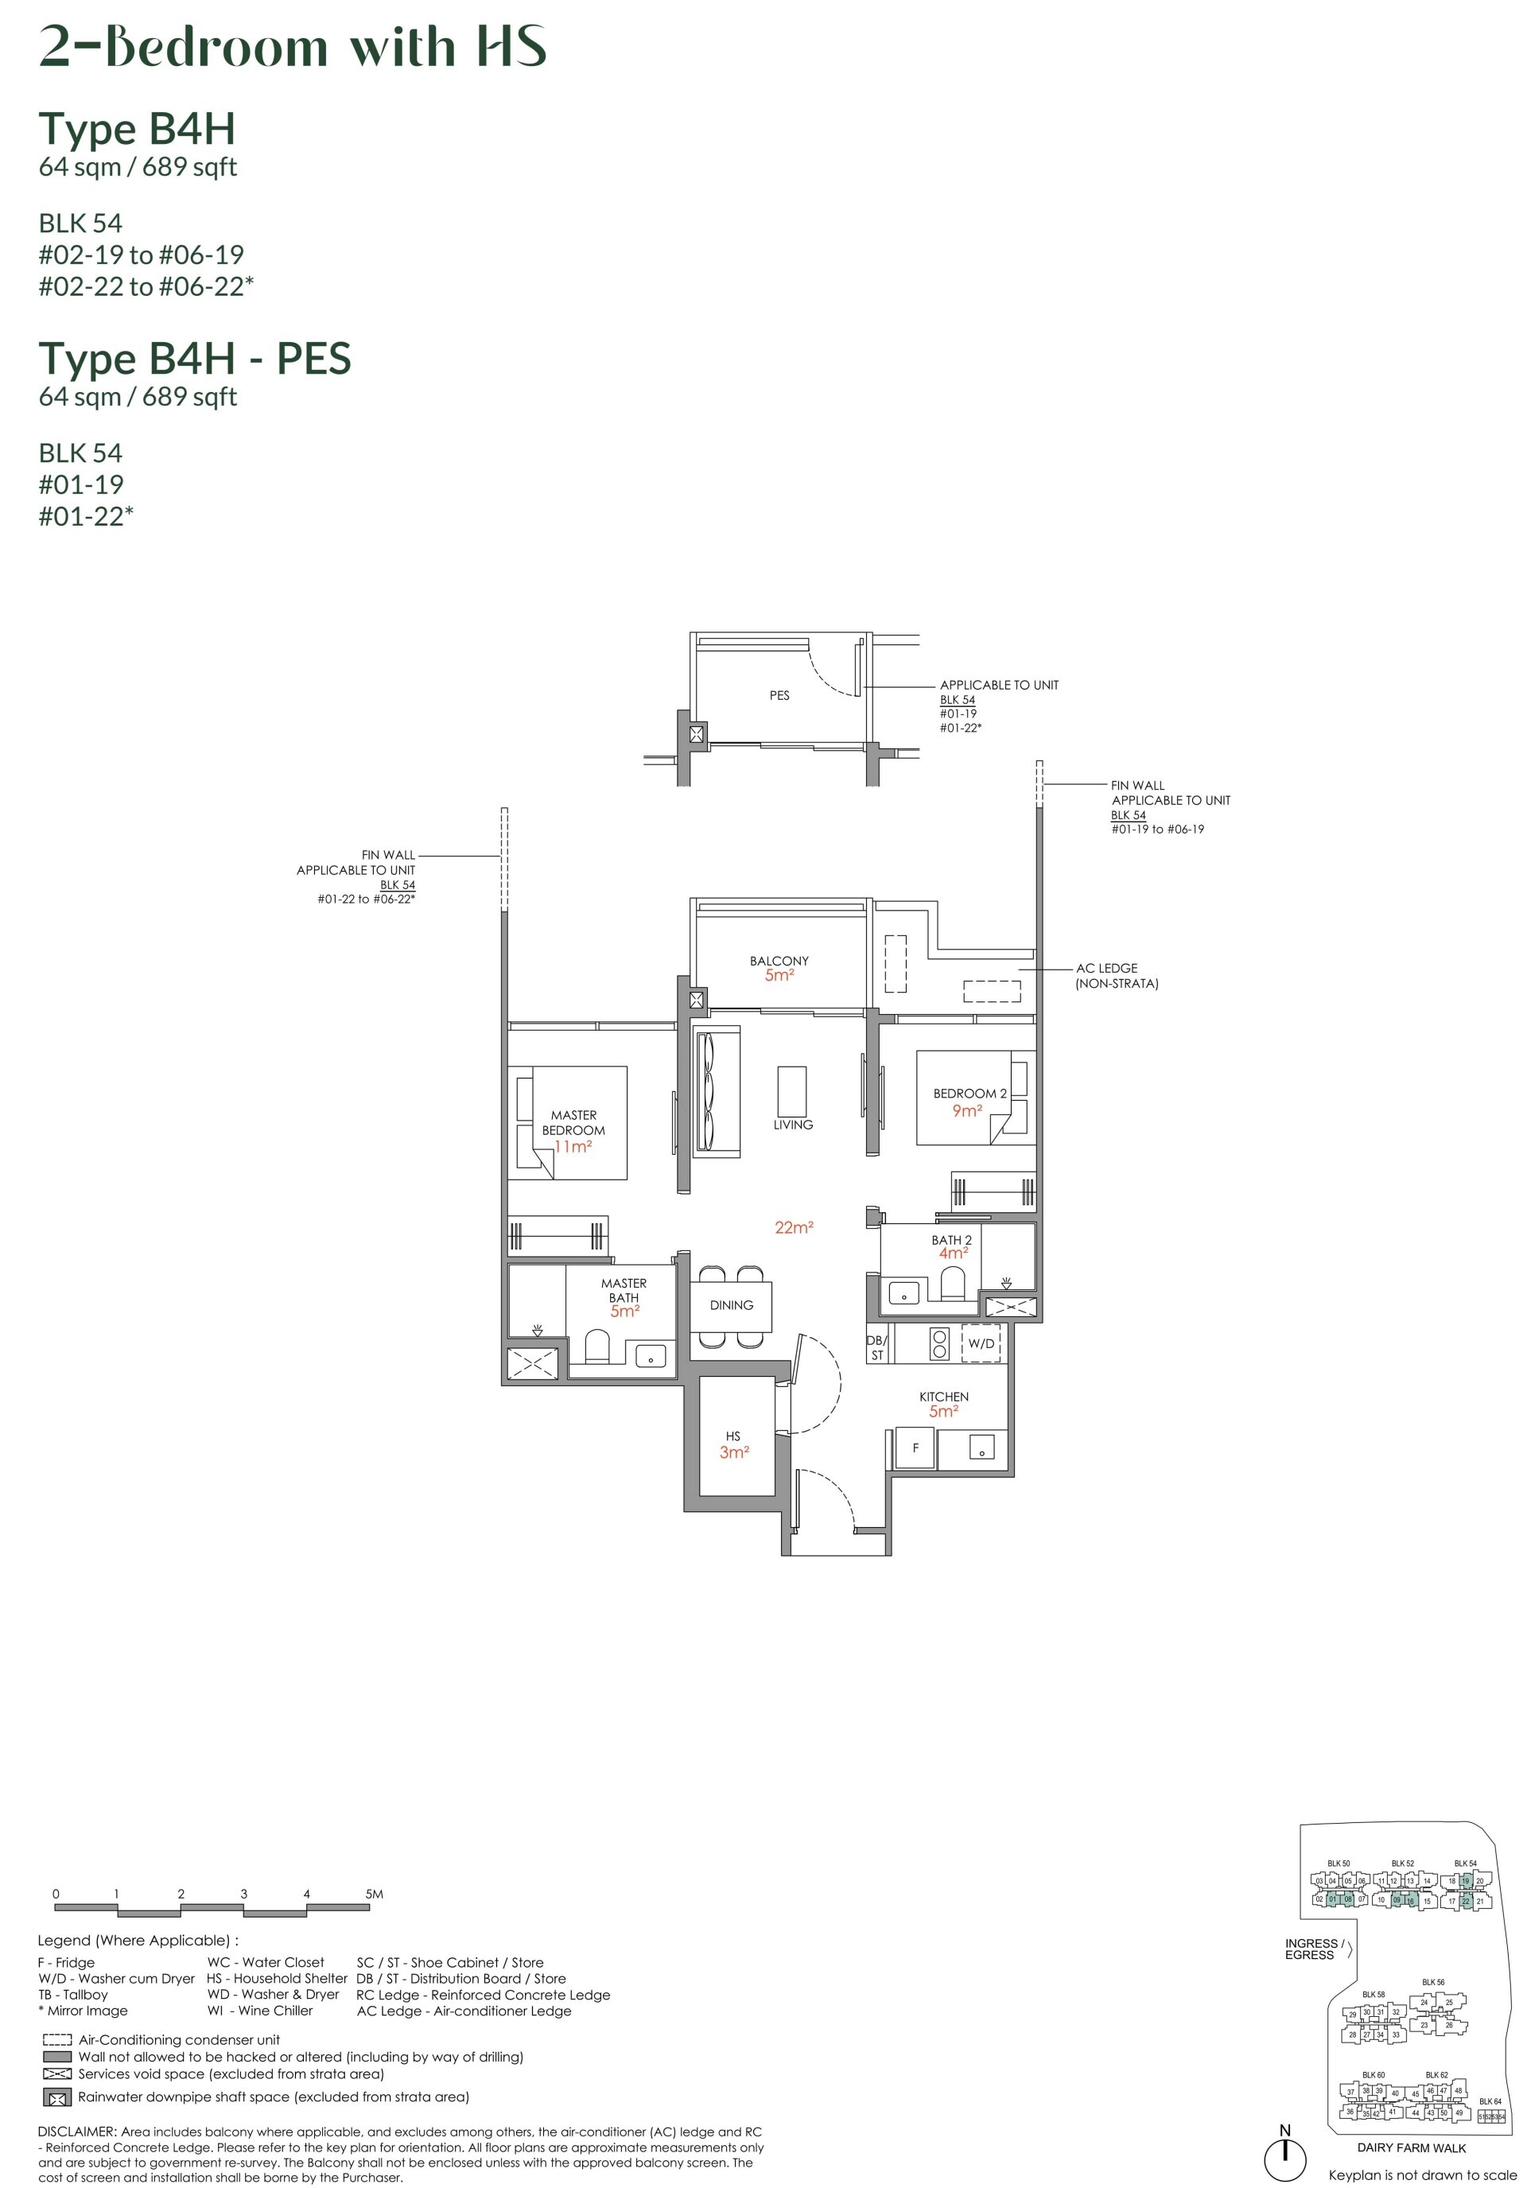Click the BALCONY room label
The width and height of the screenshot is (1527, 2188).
point(778,961)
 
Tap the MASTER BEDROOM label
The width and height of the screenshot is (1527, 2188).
point(573,1121)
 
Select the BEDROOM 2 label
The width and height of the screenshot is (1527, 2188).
point(969,1093)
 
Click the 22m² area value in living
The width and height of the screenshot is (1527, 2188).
point(793,1227)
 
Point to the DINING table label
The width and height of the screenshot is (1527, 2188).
point(731,1304)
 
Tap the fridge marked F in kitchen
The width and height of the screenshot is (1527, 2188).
point(915,1448)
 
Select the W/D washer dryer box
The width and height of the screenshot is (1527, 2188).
point(981,1343)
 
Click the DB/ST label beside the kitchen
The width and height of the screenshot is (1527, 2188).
point(876,1347)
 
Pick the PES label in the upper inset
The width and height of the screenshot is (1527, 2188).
point(779,696)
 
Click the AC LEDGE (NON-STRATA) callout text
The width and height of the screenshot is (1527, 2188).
point(1115,975)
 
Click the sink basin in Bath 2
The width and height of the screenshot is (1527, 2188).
point(903,1293)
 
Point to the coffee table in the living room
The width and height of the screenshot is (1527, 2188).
point(791,1090)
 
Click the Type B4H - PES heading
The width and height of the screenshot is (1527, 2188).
point(194,359)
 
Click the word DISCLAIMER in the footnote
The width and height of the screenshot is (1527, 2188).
point(76,2131)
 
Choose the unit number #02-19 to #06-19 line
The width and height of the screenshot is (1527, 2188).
point(140,255)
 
